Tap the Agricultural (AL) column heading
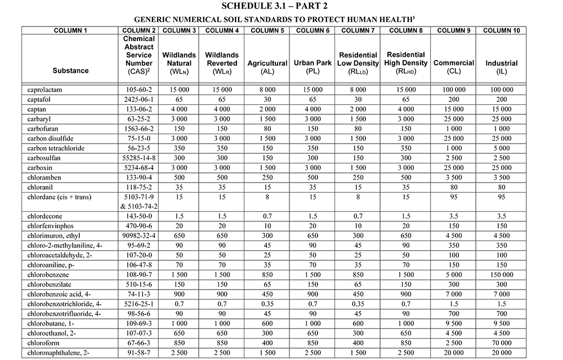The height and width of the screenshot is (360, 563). click(x=267, y=68)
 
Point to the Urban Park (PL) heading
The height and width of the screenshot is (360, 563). click(x=312, y=68)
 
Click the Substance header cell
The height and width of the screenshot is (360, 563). click(x=70, y=71)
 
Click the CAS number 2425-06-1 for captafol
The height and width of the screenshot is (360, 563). click(x=138, y=99)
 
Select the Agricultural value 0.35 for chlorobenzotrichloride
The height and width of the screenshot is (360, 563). click(x=267, y=304)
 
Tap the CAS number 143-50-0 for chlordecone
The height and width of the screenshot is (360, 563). click(x=138, y=216)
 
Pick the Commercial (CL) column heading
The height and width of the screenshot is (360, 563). click(x=453, y=68)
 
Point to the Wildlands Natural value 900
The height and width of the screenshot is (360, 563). click(x=179, y=294)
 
